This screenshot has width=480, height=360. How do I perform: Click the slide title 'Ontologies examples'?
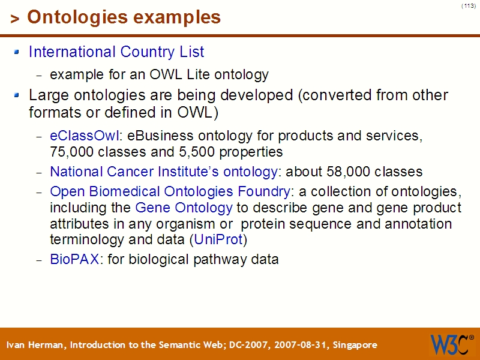(x=124, y=17)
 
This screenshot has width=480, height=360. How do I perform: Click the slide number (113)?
(x=469, y=5)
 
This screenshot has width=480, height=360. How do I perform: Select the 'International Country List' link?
(x=116, y=52)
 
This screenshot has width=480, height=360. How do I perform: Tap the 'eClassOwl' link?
(x=84, y=136)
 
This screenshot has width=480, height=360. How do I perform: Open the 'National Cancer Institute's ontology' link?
(x=163, y=172)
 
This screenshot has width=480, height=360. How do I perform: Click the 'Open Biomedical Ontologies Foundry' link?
(x=170, y=192)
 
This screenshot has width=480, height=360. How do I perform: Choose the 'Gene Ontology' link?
(x=184, y=208)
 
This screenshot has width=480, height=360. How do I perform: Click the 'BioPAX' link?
(x=74, y=260)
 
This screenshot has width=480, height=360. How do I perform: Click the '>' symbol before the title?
(x=15, y=19)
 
